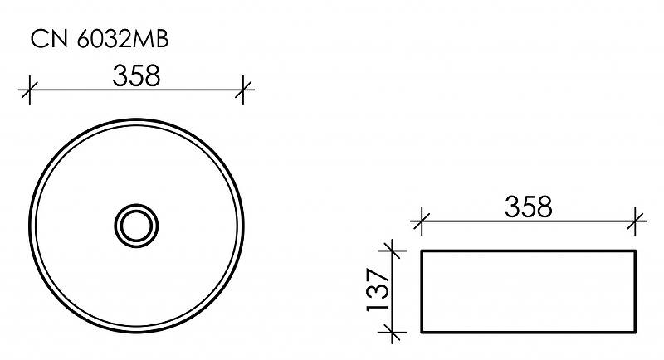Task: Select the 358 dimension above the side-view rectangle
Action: click(529, 207)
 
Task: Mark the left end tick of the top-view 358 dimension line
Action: click(30, 89)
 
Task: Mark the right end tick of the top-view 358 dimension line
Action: click(243, 89)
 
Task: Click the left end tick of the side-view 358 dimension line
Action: click(422, 220)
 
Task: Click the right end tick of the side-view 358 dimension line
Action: click(637, 220)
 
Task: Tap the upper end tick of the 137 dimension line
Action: click(391, 249)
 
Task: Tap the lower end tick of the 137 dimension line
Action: click(391, 333)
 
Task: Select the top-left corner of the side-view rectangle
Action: click(422, 249)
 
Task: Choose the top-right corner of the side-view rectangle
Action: click(637, 249)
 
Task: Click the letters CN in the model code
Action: click(45, 37)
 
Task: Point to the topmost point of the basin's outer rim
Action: click(136, 118)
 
